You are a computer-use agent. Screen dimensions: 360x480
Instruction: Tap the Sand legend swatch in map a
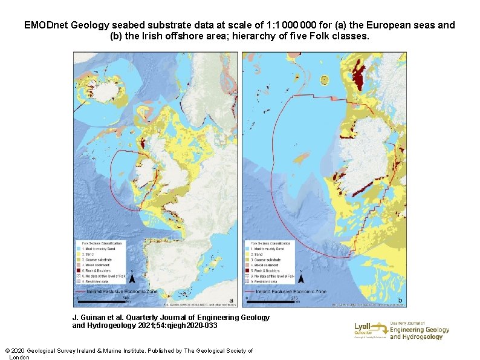79,254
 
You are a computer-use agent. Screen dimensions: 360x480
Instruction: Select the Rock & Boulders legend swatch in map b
248,270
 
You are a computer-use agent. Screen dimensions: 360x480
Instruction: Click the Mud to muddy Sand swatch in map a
79,249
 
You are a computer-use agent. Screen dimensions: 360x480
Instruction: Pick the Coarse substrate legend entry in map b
269,260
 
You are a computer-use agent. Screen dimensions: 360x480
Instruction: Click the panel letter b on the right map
400,301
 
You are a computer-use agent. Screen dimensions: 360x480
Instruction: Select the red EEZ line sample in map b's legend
250,291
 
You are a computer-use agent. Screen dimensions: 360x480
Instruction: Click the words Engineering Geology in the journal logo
420,330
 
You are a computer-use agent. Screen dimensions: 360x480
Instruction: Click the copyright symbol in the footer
7,351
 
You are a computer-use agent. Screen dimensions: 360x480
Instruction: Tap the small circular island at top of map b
325,79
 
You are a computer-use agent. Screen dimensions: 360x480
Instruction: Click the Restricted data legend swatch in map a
79,281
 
